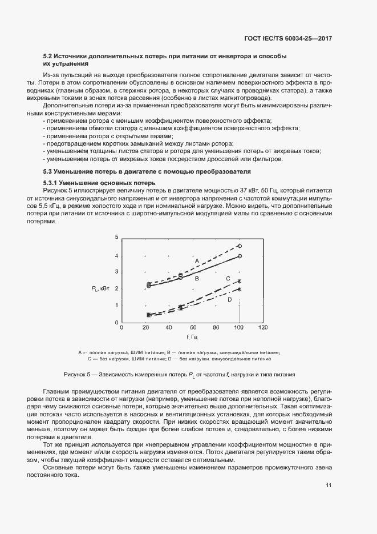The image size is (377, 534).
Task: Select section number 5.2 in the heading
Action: pyautogui.click(x=48, y=56)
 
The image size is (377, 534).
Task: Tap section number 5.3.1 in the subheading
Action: pyautogui.click(x=53, y=182)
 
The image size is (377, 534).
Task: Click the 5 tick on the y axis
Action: pyautogui.click(x=116, y=236)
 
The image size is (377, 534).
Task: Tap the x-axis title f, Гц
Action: pyautogui.click(x=192, y=338)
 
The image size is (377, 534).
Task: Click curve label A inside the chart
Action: pyautogui.click(x=196, y=261)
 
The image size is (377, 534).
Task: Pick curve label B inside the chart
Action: pyautogui.click(x=196, y=279)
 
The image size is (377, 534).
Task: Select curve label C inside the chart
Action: pyautogui.click(x=228, y=279)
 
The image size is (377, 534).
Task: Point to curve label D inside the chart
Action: pyautogui.click(x=229, y=299)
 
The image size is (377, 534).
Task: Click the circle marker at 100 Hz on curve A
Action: pyautogui.click(x=240, y=246)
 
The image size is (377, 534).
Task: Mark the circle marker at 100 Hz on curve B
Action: pyautogui.click(x=240, y=256)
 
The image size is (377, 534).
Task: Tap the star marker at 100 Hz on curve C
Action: pyautogui.click(x=240, y=281)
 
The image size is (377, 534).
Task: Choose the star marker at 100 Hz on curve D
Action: pyautogui.click(x=240, y=289)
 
